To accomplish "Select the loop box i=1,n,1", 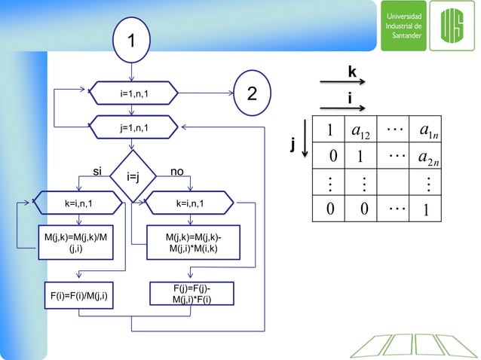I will point(133,93).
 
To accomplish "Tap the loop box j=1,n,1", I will point(133,128).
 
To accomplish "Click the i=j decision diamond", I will point(133,177).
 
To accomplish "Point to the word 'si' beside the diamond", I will point(98,172).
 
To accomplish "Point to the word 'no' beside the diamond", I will point(177,172).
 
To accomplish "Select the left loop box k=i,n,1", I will point(78,203).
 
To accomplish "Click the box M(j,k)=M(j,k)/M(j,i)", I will point(77,242).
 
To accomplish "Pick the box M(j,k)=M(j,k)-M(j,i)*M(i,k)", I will point(194,242).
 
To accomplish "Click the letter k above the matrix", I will point(352,72).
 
